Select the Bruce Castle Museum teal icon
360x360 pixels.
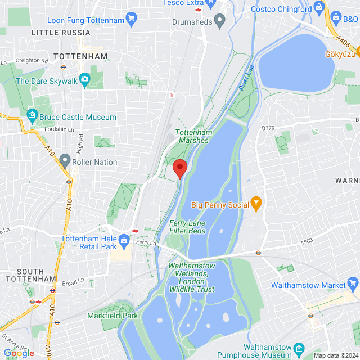(x=32, y=118)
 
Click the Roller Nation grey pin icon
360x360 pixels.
(x=65, y=162)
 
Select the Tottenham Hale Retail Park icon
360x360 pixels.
(x=125, y=241)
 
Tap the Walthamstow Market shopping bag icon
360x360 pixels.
(x=353, y=283)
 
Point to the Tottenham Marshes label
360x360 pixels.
(x=193, y=136)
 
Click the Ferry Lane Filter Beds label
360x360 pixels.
(x=188, y=227)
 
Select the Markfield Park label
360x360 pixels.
(x=112, y=316)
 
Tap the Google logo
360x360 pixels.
(x=19, y=353)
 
